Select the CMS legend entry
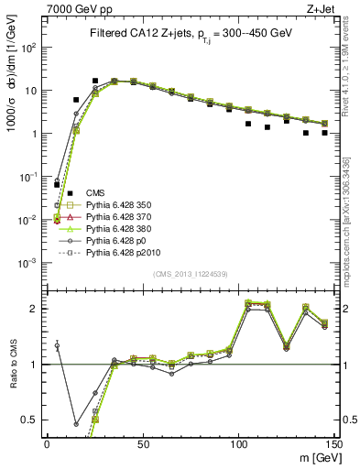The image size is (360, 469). point(95,192)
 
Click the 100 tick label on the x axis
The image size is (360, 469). point(238,443)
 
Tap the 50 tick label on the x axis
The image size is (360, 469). point(143,443)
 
